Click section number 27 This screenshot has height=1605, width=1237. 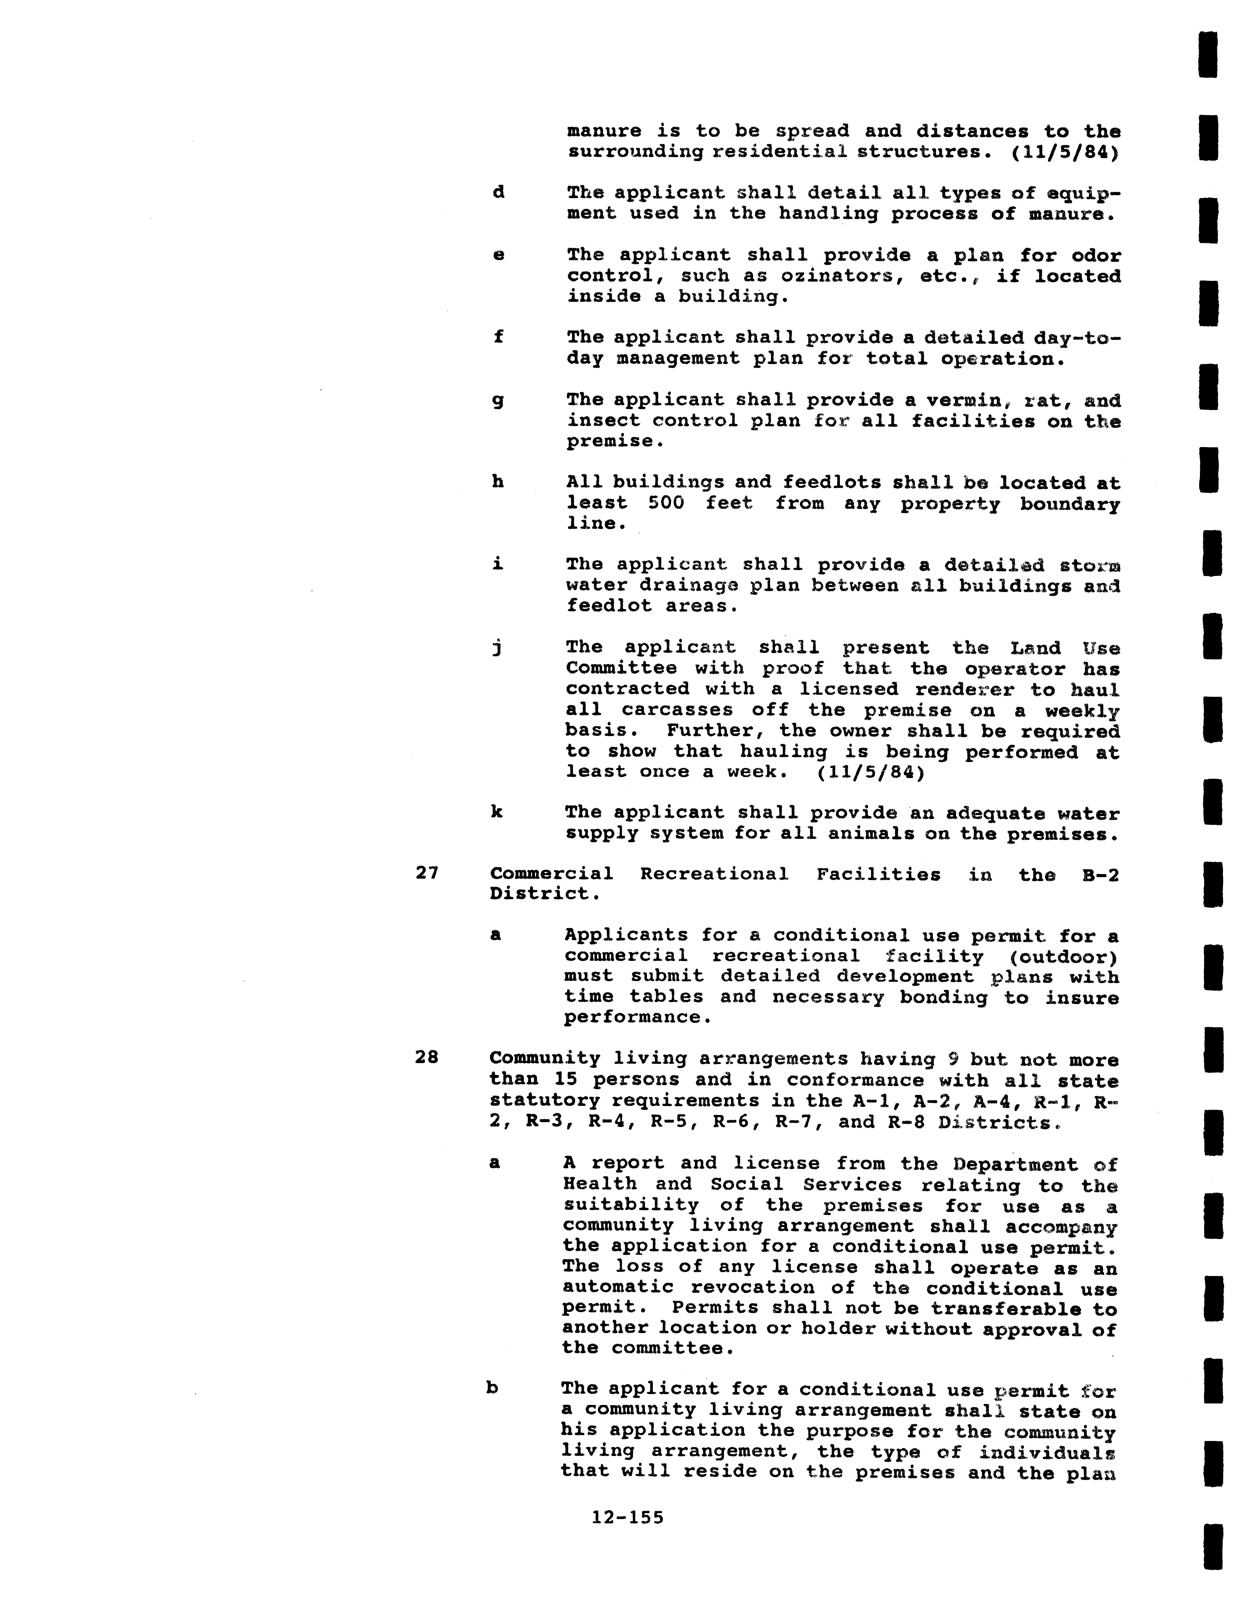click(x=427, y=873)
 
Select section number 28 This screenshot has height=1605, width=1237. click(x=427, y=1057)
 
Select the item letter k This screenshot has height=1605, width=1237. click(x=497, y=812)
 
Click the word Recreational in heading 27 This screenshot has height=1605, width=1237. click(x=714, y=875)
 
